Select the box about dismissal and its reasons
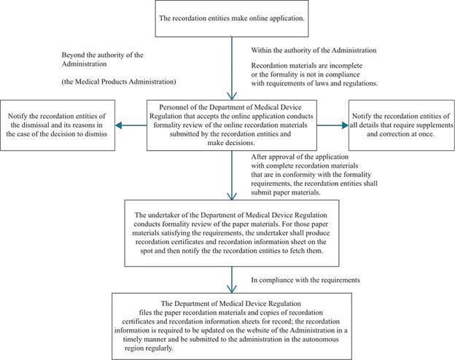coord(58,125)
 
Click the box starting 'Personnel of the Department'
coord(230,125)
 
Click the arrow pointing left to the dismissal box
coord(131,125)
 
